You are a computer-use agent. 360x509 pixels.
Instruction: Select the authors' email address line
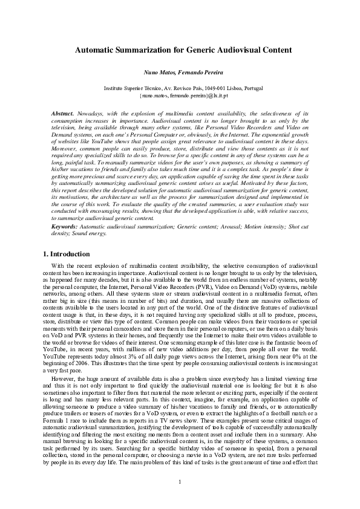[x=180, y=96]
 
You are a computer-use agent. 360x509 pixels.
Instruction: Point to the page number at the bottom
[x=180, y=481]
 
